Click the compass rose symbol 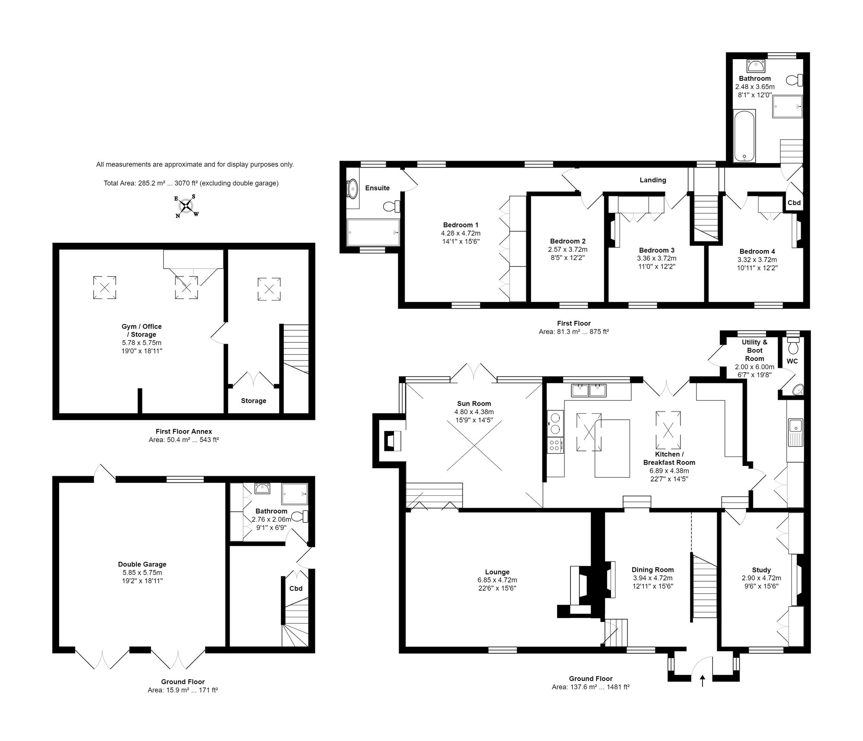tap(186, 206)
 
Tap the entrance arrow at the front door tap(702, 681)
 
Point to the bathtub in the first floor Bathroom tap(744, 136)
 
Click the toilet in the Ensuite tap(392, 206)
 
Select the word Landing tap(652, 180)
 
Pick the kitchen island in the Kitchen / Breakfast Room tap(612, 448)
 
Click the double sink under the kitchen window tap(589, 390)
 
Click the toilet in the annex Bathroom tap(300, 516)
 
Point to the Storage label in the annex tap(254, 401)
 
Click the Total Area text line tap(191, 183)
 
